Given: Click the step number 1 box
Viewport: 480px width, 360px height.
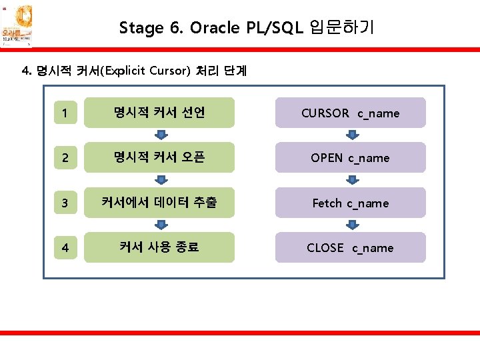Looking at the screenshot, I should [x=64, y=113].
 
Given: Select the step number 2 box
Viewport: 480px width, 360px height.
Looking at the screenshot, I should [x=64, y=158].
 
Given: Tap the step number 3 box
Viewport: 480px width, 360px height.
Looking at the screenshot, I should [x=64, y=203].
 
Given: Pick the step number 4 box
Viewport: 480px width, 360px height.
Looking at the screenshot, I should [x=64, y=247].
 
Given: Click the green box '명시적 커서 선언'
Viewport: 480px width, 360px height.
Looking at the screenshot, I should [x=159, y=113].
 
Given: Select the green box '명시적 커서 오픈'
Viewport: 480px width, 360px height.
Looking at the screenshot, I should [x=159, y=157].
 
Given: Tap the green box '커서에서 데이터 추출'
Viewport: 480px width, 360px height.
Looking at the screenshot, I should [x=159, y=203].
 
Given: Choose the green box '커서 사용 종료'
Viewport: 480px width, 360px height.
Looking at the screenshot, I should [x=159, y=247].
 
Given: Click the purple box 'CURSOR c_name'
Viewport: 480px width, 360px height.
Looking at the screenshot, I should [x=350, y=113].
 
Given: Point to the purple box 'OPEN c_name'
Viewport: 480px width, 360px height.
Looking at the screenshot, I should [x=350, y=158].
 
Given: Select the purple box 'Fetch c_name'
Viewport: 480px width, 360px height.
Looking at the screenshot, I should [x=350, y=203].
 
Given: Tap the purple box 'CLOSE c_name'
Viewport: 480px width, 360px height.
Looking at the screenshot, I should [x=350, y=247].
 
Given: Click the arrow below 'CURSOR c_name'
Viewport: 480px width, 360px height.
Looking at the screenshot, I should [x=350, y=135].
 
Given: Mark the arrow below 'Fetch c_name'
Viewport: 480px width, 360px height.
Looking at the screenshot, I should [x=350, y=225].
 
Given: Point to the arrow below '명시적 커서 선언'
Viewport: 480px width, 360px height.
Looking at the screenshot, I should [x=160, y=135].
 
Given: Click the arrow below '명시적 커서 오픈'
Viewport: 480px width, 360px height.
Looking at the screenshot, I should [x=160, y=180].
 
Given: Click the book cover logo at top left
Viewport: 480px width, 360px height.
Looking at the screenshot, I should [x=16, y=25].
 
